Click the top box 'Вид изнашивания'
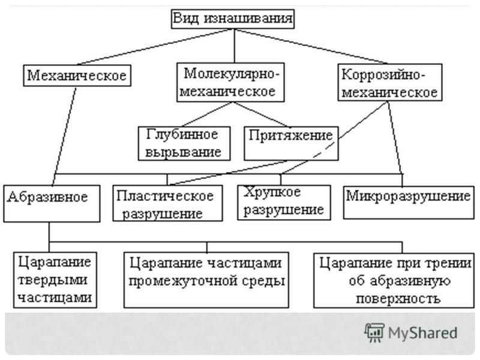point(233,19)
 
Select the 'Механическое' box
point(77,76)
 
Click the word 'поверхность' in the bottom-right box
point(394,298)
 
